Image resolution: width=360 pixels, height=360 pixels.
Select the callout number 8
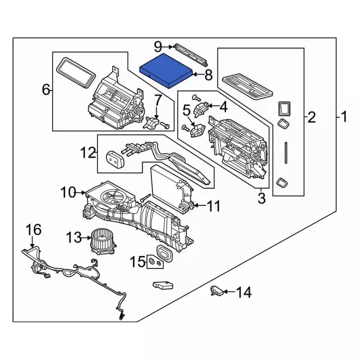(208, 74)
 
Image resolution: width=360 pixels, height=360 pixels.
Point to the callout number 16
(34, 229)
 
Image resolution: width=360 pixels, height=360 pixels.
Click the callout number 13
(73, 238)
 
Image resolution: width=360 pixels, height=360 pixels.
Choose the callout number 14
(244, 292)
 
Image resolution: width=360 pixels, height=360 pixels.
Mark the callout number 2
(312, 118)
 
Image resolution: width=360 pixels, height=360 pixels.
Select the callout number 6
(47, 89)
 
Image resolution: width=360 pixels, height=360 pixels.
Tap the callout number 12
(88, 152)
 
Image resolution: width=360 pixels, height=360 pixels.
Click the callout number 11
(213, 207)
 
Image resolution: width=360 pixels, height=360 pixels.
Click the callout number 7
(158, 101)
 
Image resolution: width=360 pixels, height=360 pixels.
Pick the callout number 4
(223, 105)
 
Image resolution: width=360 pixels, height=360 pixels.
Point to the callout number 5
(186, 111)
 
